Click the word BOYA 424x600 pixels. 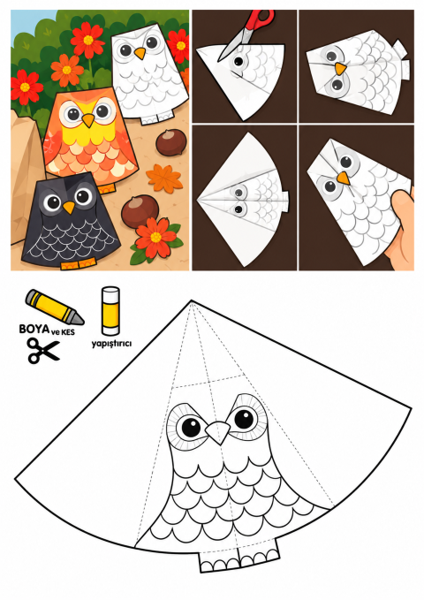(34, 329)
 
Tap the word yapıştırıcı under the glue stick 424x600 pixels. (111, 343)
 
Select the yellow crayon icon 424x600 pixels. (55, 308)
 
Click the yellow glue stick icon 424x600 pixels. (110, 311)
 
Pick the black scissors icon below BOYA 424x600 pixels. (43, 350)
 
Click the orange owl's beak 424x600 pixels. (88, 120)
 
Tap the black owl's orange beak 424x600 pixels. (69, 208)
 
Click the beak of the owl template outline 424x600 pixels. (217, 431)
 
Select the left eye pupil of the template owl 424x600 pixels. (191, 427)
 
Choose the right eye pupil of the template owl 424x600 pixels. (244, 419)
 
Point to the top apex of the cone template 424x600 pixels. (192, 301)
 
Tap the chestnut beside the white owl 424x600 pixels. (171, 142)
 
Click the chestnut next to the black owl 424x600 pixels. (140, 210)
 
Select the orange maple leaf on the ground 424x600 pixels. (164, 178)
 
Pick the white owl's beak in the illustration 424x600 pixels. (140, 53)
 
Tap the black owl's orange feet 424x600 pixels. (78, 264)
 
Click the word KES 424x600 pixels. (68, 331)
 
